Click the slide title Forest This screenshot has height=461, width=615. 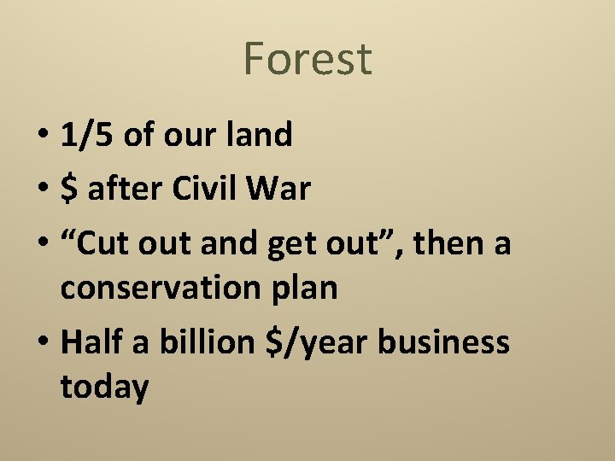pos(307,59)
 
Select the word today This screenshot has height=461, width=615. pos(104,388)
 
